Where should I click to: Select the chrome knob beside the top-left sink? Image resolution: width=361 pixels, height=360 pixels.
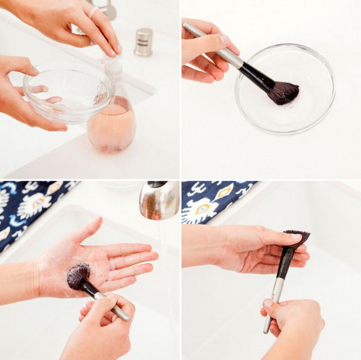(143, 42)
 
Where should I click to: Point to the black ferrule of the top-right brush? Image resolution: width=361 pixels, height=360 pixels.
(255, 75)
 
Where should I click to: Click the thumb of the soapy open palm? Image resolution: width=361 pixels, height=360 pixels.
(87, 232)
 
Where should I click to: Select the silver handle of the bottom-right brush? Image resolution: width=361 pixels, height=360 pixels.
(274, 304)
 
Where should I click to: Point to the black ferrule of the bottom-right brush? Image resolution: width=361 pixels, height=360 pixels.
(285, 262)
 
